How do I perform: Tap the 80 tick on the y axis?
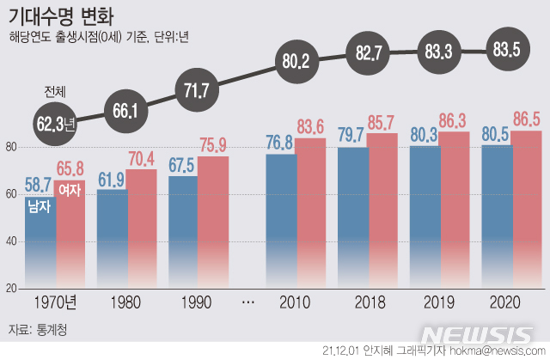click(x=11, y=147)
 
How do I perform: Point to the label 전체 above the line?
click(x=56, y=92)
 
